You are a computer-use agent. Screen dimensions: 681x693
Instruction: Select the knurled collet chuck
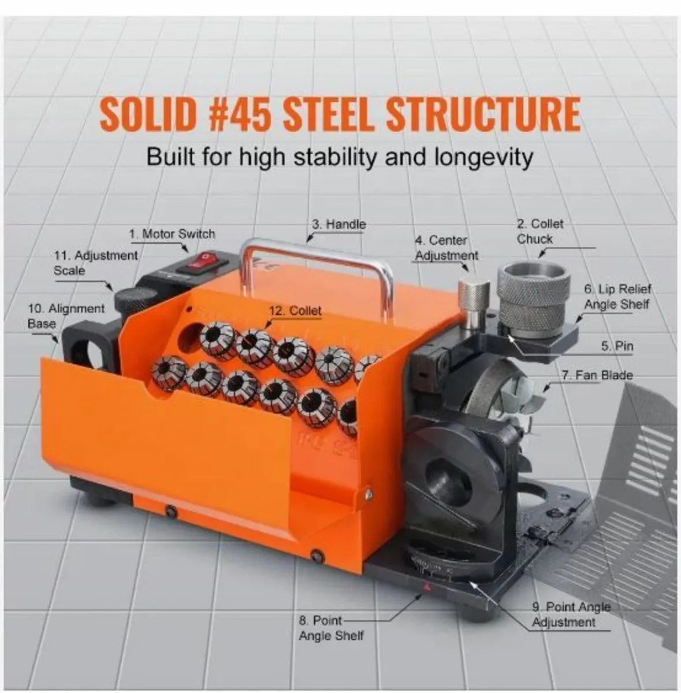pyautogui.click(x=534, y=300)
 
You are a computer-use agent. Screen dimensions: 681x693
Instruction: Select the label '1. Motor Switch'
pyautogui.click(x=172, y=234)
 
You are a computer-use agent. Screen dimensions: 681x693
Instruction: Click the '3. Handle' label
pyautogui.click(x=339, y=224)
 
